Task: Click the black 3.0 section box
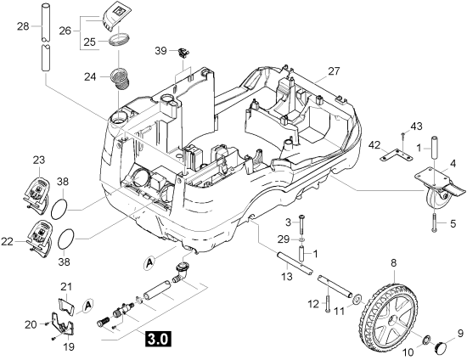tap(158, 339)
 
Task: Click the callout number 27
tap(334, 71)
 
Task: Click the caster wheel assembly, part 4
tap(439, 188)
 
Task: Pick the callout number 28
tap(23, 26)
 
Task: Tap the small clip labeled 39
tap(183, 53)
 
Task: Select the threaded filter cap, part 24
tap(121, 78)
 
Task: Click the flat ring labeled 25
tap(120, 40)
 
